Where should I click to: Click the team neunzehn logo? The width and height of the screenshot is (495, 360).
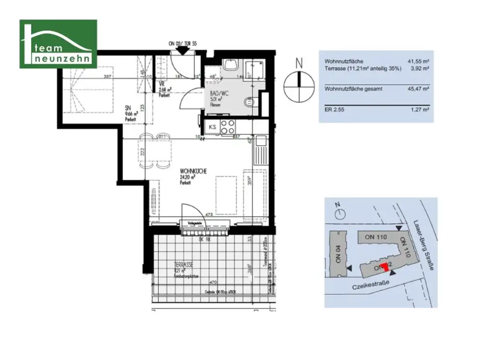pyautogui.click(x=58, y=44)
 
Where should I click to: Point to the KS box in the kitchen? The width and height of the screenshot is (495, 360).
pyautogui.click(x=212, y=127)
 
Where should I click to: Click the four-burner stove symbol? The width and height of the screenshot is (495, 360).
pyautogui.click(x=228, y=127)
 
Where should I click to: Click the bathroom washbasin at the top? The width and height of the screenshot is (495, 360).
pyautogui.click(x=230, y=65)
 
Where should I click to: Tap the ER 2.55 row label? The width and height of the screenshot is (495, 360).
pyautogui.click(x=335, y=109)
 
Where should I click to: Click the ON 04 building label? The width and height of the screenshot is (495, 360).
pyautogui.click(x=339, y=254)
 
